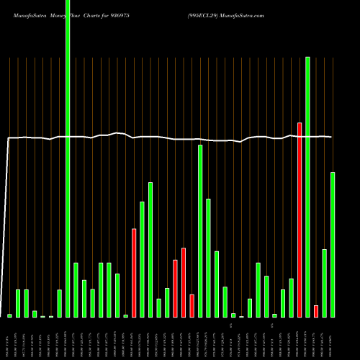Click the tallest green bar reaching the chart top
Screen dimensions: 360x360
click(68, 158)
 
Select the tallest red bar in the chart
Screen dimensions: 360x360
click(300, 220)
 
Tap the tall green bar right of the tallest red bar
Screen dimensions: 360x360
click(307, 187)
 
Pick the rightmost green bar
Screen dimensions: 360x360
click(333, 245)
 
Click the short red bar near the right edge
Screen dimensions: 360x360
click(316, 311)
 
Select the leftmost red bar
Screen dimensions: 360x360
click(134, 273)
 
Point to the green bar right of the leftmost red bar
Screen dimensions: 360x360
click(143, 259)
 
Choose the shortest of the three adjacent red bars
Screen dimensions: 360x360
click(192, 306)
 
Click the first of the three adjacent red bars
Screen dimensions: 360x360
click(176, 288)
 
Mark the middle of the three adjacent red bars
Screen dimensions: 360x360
click(184, 282)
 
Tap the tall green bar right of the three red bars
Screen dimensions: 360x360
click(200, 230)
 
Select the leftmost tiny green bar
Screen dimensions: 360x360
click(10, 315)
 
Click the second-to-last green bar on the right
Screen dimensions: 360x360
click(325, 283)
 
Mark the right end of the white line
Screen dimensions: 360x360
click(331, 137)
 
